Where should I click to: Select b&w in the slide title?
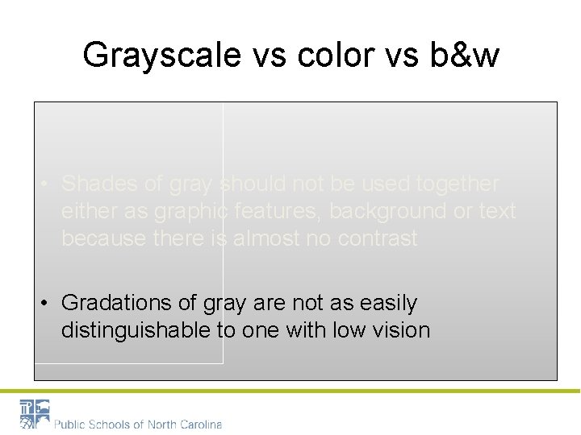[x=466, y=56]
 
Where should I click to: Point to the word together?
[x=458, y=184]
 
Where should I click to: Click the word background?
[x=392, y=211]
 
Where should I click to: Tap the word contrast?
[x=374, y=238]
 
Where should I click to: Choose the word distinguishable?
[x=140, y=329]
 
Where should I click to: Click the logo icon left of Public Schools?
[x=35, y=414]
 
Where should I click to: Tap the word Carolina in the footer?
[x=199, y=424]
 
